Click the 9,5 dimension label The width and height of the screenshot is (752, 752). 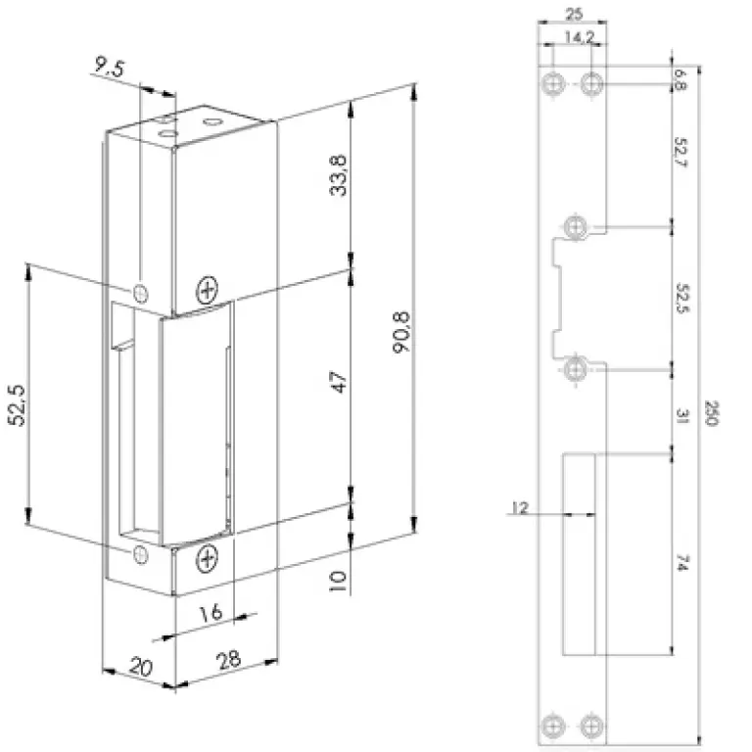[109, 67]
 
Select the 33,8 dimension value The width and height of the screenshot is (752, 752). [339, 175]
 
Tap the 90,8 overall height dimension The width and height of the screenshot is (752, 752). [400, 332]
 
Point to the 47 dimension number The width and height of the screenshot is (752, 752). [339, 382]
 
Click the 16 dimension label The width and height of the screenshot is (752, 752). [211, 612]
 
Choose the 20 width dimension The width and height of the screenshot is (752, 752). [141, 667]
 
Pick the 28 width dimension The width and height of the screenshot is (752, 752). [229, 660]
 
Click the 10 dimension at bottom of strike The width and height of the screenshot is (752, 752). [338, 581]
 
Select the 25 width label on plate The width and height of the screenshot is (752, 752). [574, 15]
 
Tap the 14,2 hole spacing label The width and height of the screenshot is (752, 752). [579, 37]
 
